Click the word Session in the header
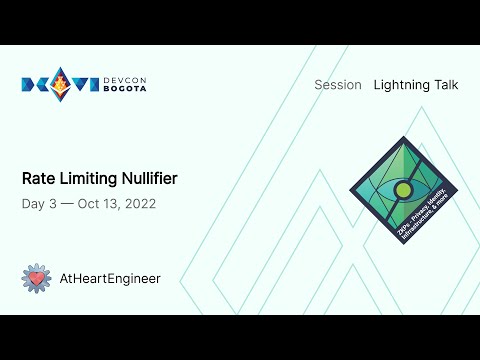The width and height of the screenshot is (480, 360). click(337, 85)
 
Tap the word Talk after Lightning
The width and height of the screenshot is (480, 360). click(446, 85)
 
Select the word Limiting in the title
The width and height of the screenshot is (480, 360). click(89, 179)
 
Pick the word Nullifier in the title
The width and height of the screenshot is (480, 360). click(150, 179)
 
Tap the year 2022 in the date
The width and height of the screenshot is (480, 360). click(139, 203)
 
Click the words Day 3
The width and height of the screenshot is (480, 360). click(38, 203)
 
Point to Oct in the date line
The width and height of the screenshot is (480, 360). click(90, 203)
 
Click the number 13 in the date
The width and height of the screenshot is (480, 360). click(111, 203)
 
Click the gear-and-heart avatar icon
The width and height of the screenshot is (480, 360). click(36, 278)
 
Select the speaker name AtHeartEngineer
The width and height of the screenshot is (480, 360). click(110, 279)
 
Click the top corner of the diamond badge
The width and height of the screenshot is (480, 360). click(403, 139)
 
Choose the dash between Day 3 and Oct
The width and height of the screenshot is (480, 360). click(67, 203)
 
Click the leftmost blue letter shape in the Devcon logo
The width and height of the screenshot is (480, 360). click(31, 84)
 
